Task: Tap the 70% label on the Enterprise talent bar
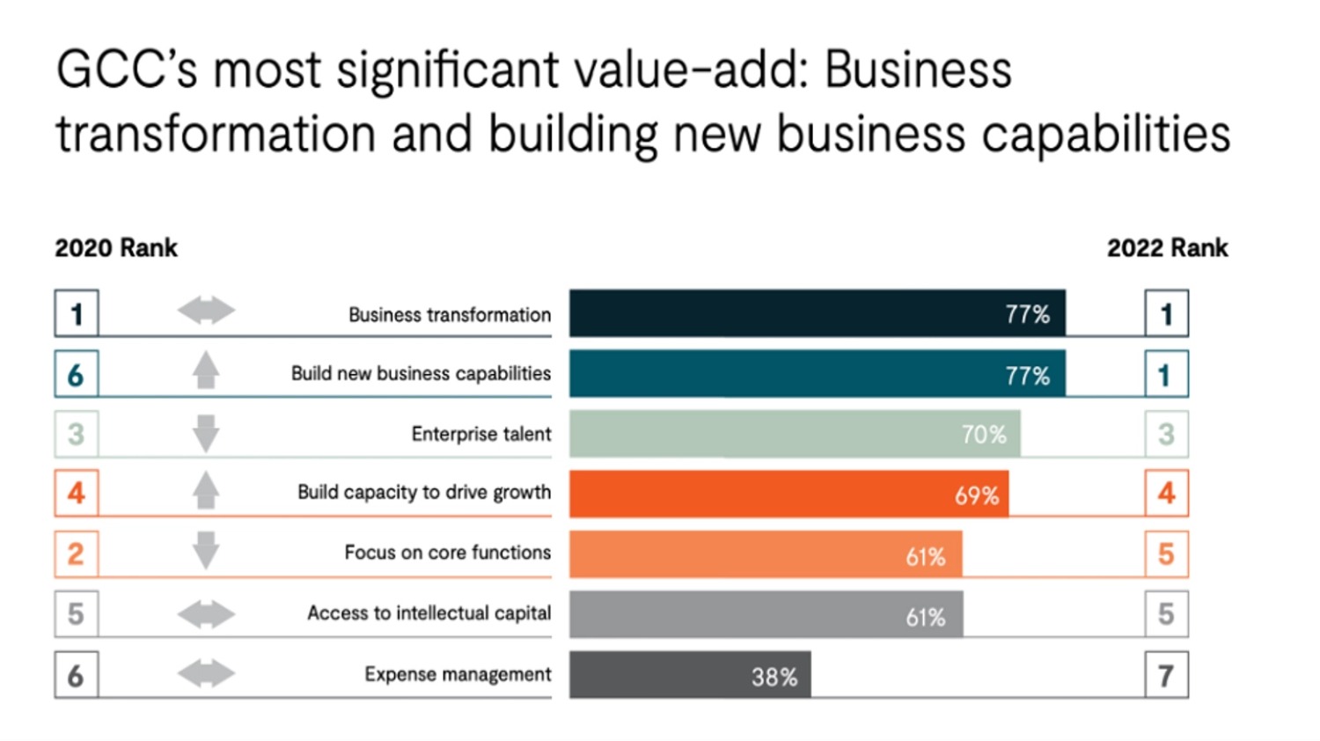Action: coord(983,434)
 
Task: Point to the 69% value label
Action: coord(977,495)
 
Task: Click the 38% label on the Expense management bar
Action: coord(774,677)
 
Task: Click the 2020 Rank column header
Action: coord(116,248)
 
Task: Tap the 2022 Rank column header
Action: coord(1167,248)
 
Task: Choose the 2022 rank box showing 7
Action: coord(1166,675)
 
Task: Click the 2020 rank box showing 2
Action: coord(77,554)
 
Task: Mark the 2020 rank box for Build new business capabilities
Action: coord(77,374)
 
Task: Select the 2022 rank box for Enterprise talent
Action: coord(1166,434)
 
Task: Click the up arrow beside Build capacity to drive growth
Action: coord(206,490)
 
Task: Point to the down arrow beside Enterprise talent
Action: coord(206,434)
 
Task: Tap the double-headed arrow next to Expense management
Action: coord(206,674)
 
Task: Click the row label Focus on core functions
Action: coord(447,553)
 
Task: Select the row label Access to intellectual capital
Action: coord(429,613)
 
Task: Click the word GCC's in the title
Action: coord(127,70)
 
